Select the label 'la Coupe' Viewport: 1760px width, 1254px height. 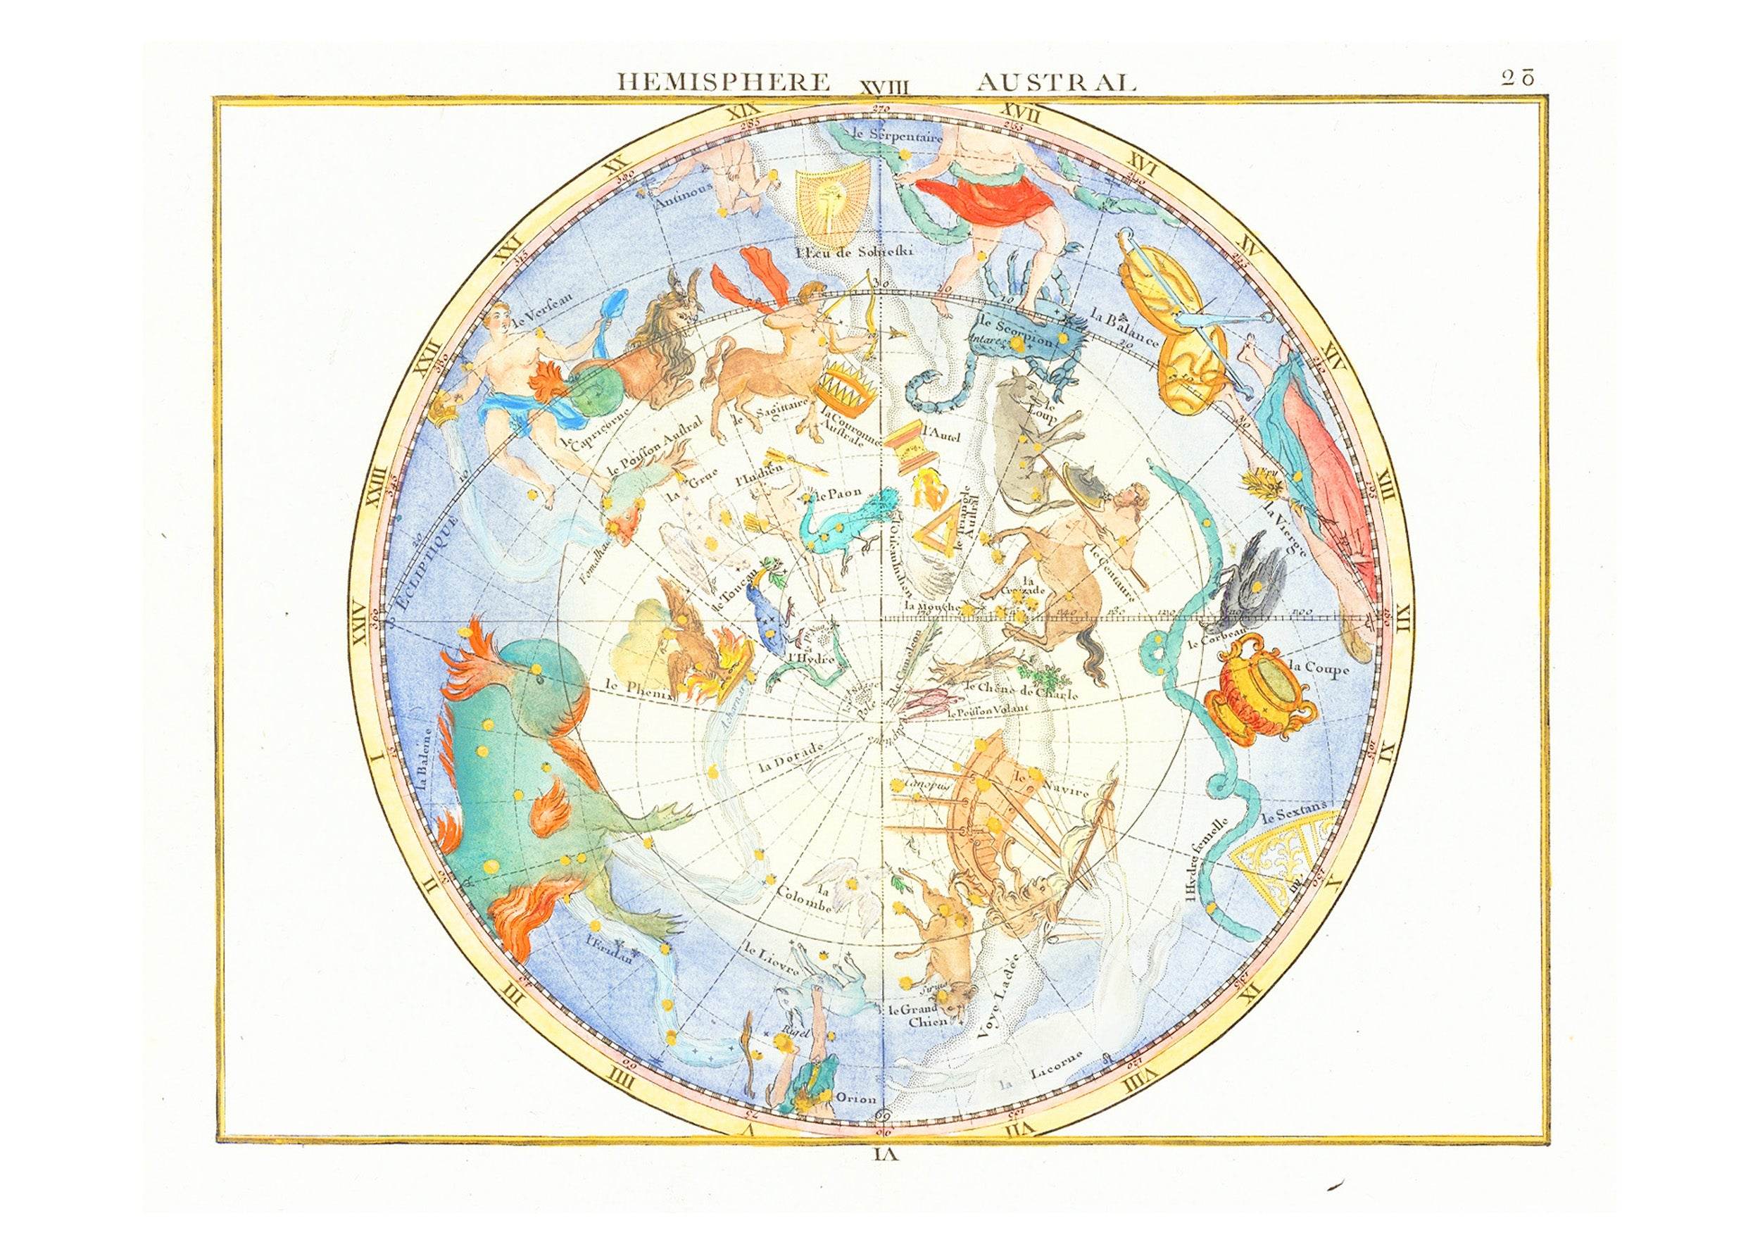(x=1319, y=667)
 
